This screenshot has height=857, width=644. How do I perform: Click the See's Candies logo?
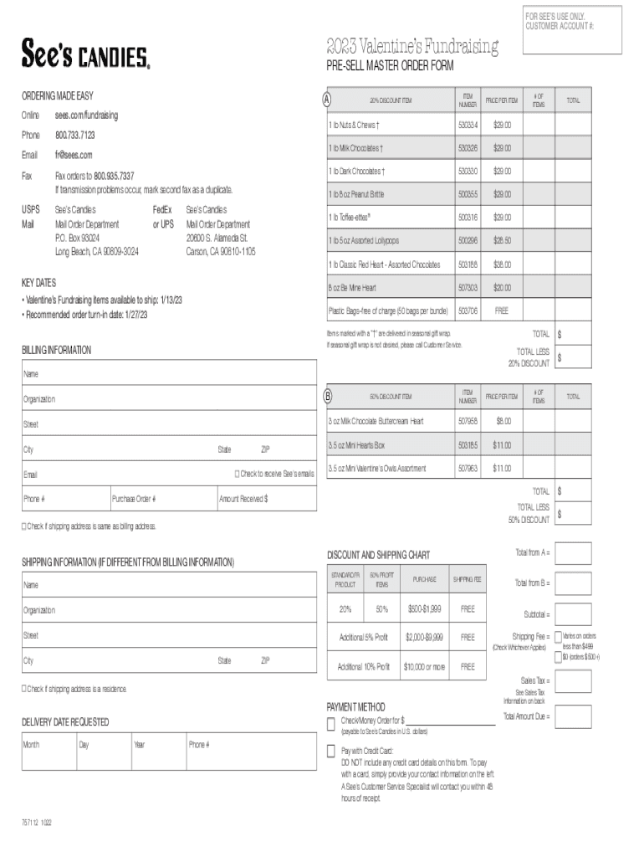tap(85, 55)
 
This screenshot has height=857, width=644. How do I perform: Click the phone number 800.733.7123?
tap(74, 135)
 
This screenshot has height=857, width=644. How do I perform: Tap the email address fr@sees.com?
tap(74, 155)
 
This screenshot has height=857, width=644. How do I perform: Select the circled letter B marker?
tap(329, 395)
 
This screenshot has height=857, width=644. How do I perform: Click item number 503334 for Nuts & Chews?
tap(468, 125)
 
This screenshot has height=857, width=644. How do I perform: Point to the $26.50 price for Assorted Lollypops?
tap(502, 240)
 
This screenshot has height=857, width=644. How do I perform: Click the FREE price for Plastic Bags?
tap(502, 310)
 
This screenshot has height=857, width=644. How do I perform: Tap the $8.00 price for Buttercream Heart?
tap(502, 421)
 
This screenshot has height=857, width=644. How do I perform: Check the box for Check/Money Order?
tap(331, 721)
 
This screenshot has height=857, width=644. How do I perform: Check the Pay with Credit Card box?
tap(331, 751)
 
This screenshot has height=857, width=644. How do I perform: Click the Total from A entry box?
tap(573, 553)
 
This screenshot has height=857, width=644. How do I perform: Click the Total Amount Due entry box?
tap(573, 716)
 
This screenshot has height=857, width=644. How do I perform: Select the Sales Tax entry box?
tap(573, 681)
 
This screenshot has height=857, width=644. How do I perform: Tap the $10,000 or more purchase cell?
tap(425, 666)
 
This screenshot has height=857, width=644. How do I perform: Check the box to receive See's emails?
tap(237, 475)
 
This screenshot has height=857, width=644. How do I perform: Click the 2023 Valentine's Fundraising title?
tap(412, 46)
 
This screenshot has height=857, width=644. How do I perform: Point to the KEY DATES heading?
tap(38, 284)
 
